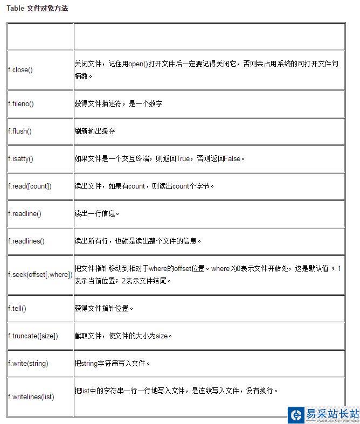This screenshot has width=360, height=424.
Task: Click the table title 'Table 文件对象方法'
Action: pyautogui.click(x=37, y=9)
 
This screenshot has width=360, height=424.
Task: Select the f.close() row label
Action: pyautogui.click(x=20, y=70)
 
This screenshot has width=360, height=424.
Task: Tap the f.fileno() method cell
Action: pyautogui.click(x=21, y=104)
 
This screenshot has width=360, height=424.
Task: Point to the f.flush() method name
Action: pyautogui.click(x=20, y=131)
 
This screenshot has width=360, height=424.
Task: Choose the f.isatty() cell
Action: pyautogui.click(x=20, y=159)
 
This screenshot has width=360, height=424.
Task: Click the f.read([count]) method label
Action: pyautogui.click(x=30, y=186)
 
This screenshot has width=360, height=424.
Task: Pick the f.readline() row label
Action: pyautogui.click(x=25, y=214)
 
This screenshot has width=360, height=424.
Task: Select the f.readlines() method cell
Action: pyautogui.click(x=26, y=241)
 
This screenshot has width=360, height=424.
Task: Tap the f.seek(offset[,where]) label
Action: pyautogui.click(x=40, y=275)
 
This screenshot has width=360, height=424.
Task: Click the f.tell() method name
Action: pyautogui.click(x=17, y=309)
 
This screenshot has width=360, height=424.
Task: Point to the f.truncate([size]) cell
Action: pyautogui.click(x=33, y=336)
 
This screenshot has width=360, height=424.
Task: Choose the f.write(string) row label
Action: pyautogui.click(x=28, y=364)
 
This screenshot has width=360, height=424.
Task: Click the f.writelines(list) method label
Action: pyautogui.click(x=31, y=397)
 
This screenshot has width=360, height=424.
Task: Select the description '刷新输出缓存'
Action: pyautogui.click(x=95, y=131)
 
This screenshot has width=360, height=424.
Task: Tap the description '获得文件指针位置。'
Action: pyautogui.click(x=104, y=309)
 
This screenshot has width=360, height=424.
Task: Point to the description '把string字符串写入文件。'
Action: pyautogui.click(x=112, y=364)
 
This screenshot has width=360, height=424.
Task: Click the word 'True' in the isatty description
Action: pyautogui.click(x=183, y=158)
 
